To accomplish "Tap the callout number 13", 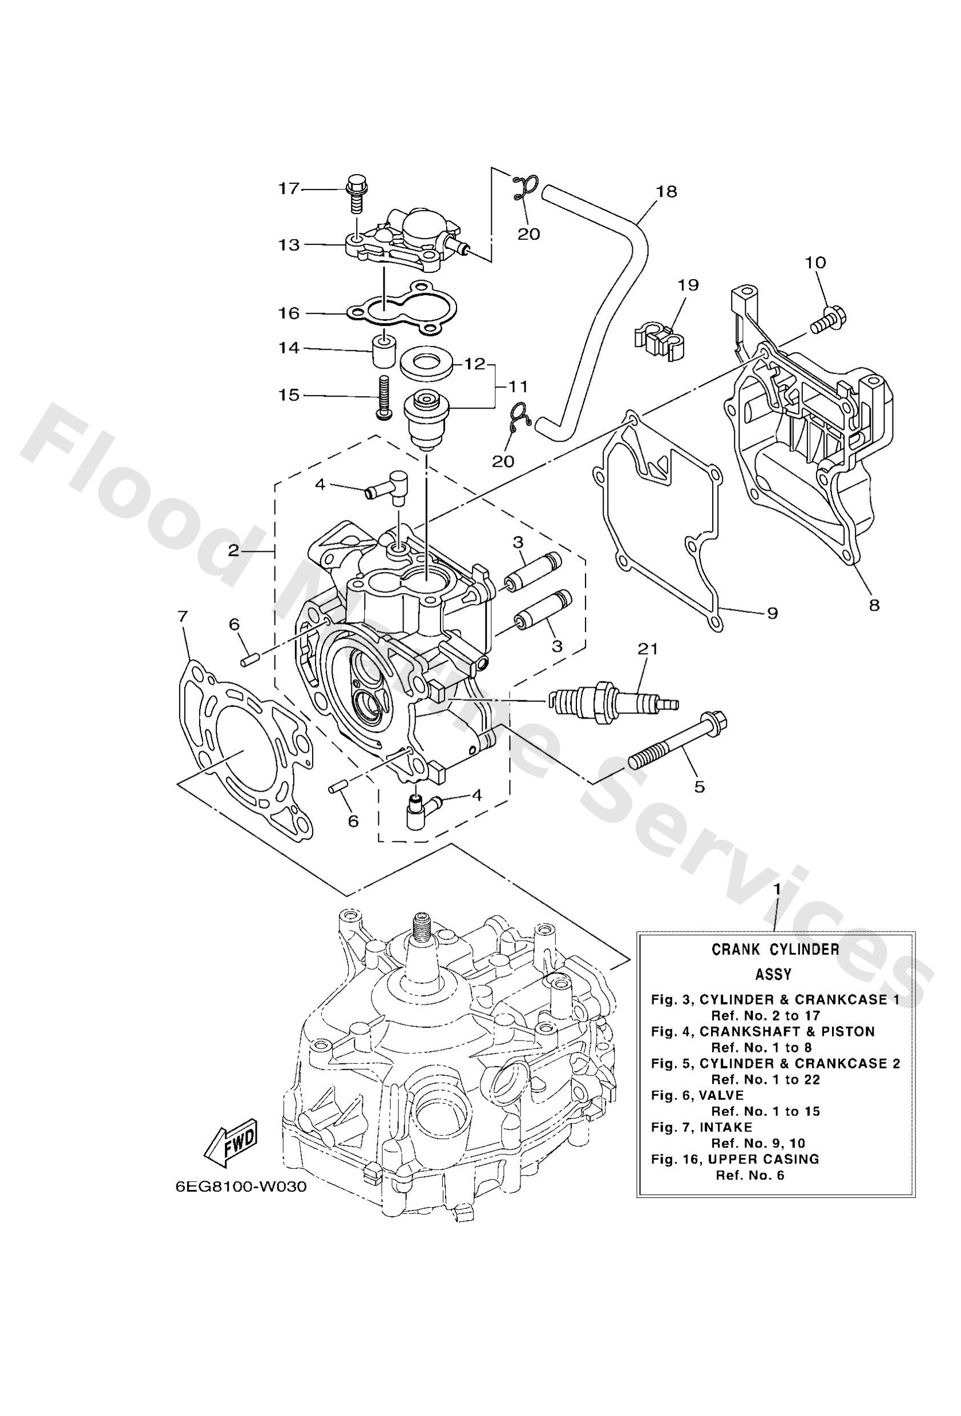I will pos(290,245).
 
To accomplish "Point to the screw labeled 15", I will pos(383,397).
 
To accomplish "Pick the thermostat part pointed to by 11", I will pos(426,413).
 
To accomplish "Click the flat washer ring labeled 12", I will pos(426,364).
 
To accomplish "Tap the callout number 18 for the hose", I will pos(666,191).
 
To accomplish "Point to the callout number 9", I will pos(772,613).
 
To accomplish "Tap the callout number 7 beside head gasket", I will pos(183,616).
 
